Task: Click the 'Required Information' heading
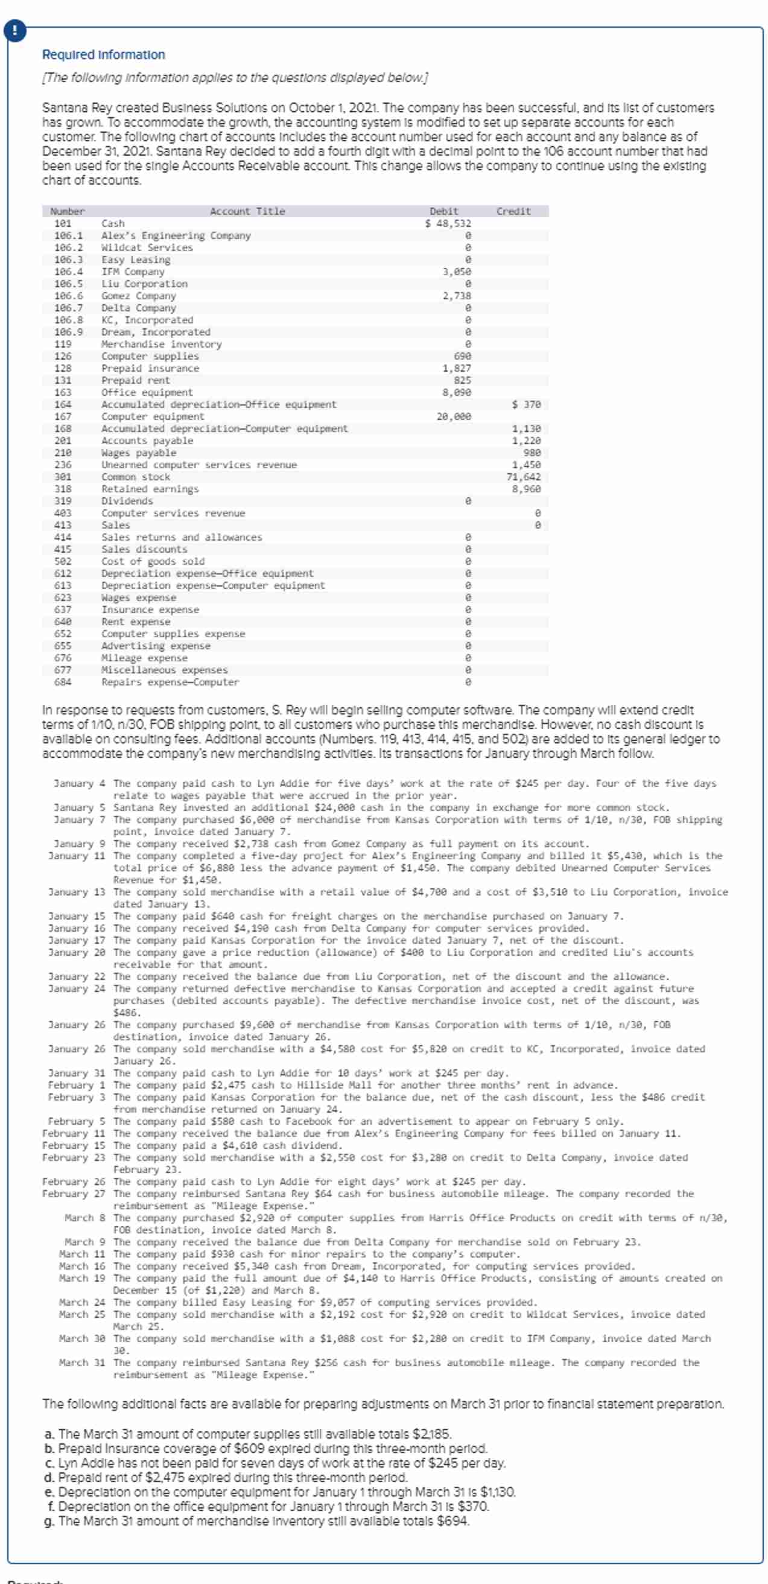click(x=103, y=55)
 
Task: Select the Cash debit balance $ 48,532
click(x=448, y=223)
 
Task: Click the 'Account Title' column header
click(x=247, y=212)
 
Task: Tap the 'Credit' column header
click(x=513, y=212)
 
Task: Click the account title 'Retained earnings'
click(x=150, y=489)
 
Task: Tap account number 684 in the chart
click(x=63, y=682)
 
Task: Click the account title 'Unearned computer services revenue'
click(x=198, y=465)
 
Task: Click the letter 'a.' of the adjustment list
click(x=50, y=1434)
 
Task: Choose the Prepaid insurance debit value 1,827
click(x=457, y=368)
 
